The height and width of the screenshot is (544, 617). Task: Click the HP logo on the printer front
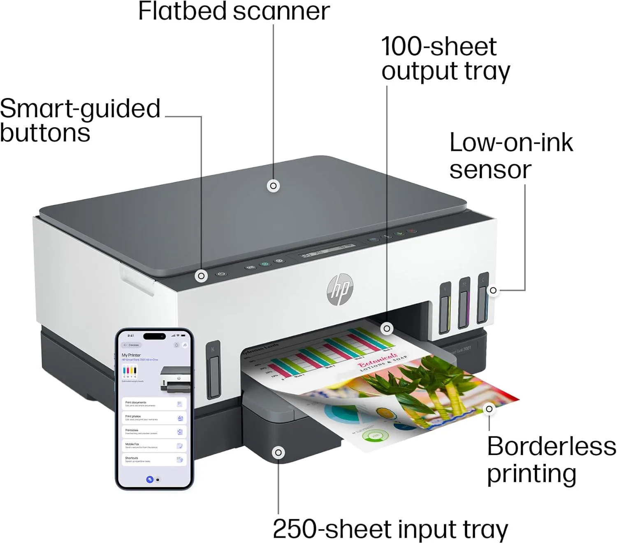click(340, 290)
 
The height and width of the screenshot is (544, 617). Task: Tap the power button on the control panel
click(222, 274)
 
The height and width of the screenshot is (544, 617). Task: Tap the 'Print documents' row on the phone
click(153, 404)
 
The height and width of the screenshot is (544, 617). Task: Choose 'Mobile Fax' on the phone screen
click(153, 446)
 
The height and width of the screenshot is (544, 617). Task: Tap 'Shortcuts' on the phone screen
click(153, 460)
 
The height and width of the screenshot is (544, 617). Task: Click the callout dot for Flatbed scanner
click(273, 186)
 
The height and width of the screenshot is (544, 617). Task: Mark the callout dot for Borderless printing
click(489, 409)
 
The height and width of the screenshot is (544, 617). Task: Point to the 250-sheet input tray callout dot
click(278, 453)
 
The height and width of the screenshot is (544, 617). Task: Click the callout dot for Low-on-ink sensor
click(493, 291)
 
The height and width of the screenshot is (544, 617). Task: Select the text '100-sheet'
click(439, 46)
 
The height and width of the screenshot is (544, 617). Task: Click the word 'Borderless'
click(551, 446)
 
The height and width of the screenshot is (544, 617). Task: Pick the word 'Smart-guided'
click(80, 109)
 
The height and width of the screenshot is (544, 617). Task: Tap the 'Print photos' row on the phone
click(153, 418)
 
